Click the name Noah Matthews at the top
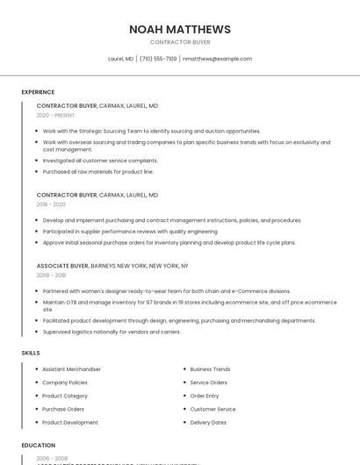(x=180, y=29)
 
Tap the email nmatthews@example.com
(x=217, y=59)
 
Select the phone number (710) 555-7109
(x=158, y=59)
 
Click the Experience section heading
(x=38, y=92)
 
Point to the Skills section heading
(x=31, y=353)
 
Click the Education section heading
(x=39, y=445)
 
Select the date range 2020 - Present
(x=55, y=115)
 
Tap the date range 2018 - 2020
(x=51, y=204)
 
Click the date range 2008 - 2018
(x=51, y=275)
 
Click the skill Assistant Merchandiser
(x=71, y=369)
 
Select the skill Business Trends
(x=210, y=369)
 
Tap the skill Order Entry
(x=205, y=396)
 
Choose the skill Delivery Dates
(x=208, y=422)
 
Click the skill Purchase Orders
(x=63, y=409)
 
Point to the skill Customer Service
(x=212, y=409)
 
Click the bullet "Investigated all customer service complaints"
(x=100, y=161)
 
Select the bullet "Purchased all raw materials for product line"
(x=97, y=172)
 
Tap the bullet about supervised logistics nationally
(x=112, y=332)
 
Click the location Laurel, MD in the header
(x=120, y=59)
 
